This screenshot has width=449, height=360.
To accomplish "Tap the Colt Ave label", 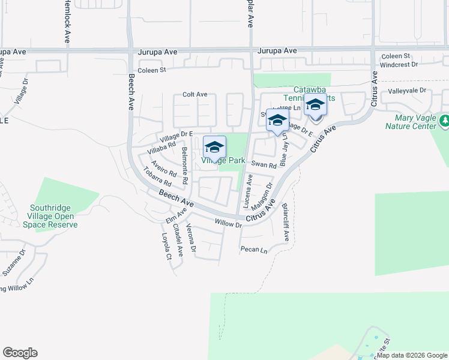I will pos(195,95).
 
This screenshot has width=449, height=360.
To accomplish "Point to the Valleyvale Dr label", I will pos(406,91).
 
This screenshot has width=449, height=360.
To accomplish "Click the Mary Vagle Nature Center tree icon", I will pos(444,122).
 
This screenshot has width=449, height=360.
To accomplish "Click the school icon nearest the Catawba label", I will pos(315,105).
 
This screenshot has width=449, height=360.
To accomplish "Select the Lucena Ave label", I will pos(248,190).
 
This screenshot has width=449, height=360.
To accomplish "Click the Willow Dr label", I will pos(228,224).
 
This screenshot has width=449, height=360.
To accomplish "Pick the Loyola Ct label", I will pos(168,247).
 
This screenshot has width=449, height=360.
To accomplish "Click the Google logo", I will pos(20,353).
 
